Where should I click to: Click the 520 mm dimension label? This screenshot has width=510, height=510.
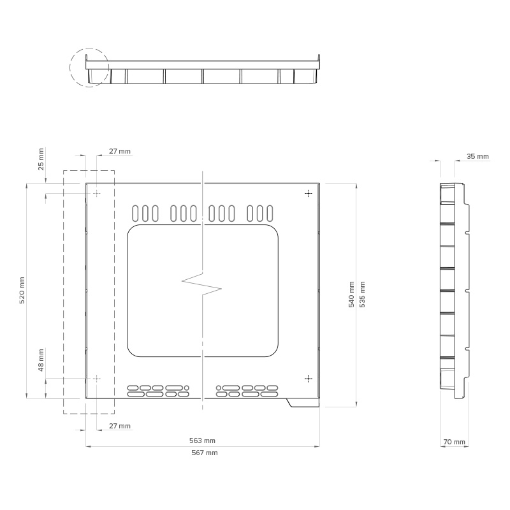22,291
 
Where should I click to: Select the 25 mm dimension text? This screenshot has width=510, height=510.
41,159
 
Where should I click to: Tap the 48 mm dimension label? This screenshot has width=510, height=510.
41,360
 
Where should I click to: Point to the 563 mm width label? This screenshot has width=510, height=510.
202,441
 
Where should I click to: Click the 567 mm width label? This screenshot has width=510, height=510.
205,453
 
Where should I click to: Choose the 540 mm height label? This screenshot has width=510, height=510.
352,295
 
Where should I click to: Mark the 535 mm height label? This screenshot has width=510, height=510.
362,295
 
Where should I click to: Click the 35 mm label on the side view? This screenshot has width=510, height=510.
477,156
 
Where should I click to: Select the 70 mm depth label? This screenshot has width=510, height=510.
455,442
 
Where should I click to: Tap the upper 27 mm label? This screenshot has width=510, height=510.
120,151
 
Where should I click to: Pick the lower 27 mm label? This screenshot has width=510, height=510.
120,426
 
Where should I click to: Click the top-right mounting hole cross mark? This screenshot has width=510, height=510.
309,194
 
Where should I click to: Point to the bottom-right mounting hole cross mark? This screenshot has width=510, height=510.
309,379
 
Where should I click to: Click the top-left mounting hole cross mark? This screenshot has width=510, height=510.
97,194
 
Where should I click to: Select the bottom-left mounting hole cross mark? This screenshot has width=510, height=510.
97,379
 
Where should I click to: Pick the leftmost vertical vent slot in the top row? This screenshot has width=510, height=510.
136,214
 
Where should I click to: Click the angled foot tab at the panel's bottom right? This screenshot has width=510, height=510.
302,403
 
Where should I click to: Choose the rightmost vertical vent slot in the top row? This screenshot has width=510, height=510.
270,214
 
